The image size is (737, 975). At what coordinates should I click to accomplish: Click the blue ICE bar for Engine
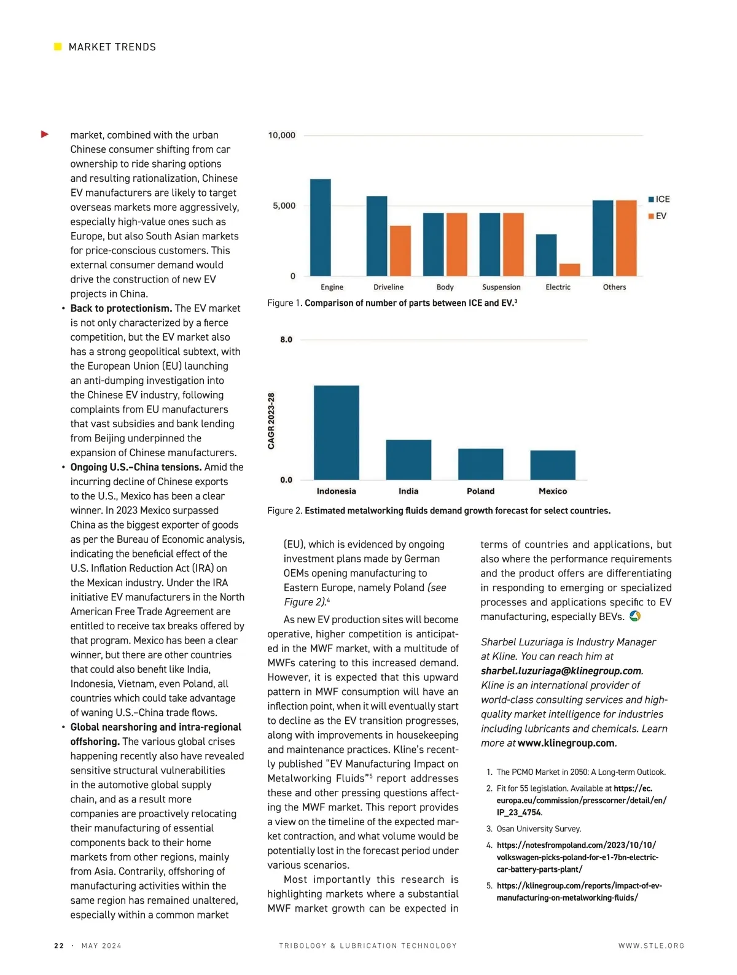point(320,228)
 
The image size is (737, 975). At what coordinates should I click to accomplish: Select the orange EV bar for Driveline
point(400,251)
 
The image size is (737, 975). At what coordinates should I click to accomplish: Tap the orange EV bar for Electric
point(569,270)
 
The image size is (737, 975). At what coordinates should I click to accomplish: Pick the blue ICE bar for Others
point(602,238)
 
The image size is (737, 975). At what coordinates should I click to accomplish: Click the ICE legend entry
point(659,199)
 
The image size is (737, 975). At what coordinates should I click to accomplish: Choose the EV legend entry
point(657,216)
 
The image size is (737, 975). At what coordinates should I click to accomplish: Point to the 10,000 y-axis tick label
point(281,135)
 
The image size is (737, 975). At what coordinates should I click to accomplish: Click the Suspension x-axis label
point(501,287)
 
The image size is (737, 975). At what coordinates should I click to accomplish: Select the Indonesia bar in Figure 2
point(337,433)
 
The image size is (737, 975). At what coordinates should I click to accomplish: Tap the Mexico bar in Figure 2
point(553,465)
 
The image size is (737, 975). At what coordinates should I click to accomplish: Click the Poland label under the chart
point(480,491)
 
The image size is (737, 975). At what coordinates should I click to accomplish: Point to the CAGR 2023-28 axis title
point(271,421)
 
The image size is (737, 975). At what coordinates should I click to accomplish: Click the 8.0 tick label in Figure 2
point(286,340)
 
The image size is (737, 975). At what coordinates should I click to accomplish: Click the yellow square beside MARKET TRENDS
point(58,47)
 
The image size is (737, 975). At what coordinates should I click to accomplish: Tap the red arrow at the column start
point(45,134)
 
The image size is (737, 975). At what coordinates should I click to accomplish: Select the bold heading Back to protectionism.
point(121,308)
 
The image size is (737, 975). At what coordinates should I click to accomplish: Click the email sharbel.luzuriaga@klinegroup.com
point(561,670)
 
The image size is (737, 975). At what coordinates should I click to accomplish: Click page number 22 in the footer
point(59,946)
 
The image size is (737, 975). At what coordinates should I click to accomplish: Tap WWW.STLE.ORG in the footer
point(651,946)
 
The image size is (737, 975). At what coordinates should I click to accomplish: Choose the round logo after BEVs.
point(635,616)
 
